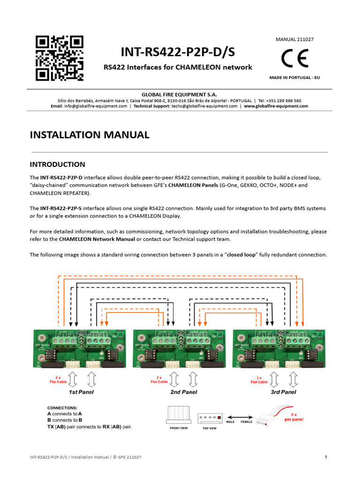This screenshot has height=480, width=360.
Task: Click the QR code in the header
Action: (60, 58)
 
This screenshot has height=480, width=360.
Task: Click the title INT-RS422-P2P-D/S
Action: (178, 52)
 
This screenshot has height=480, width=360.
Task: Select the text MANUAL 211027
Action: (294, 39)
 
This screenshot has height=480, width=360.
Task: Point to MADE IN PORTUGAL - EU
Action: (295, 77)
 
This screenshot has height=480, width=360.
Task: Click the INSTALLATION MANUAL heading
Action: (90, 135)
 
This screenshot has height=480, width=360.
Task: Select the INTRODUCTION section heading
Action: (58, 165)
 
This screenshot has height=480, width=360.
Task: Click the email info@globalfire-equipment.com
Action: (89, 106)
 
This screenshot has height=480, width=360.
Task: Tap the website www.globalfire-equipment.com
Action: (276, 106)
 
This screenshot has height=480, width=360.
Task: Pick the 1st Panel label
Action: (81, 392)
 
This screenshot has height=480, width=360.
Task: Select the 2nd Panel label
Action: (183, 392)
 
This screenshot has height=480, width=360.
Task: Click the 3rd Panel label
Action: (283, 392)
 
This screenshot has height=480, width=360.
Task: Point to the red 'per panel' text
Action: (293, 420)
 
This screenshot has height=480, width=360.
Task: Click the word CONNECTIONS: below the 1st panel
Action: (62, 408)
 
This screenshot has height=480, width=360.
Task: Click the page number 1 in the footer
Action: (325, 457)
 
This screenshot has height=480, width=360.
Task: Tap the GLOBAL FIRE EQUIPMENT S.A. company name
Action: (180, 94)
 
